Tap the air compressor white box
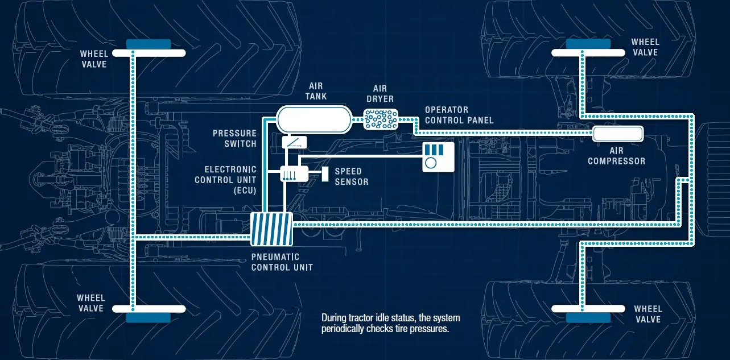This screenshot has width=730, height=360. [618, 134]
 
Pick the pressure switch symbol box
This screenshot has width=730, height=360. [294, 142]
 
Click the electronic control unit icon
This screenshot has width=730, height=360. [294, 173]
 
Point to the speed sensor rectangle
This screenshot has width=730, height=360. [325, 174]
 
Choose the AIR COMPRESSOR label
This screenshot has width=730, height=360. [617, 156]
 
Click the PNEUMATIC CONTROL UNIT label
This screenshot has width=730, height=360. [282, 262]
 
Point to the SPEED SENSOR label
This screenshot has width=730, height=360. [351, 176]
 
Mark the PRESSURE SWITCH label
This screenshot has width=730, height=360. [234, 138]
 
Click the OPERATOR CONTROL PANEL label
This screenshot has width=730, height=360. [459, 115]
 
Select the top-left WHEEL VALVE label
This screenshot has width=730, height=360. [94, 59]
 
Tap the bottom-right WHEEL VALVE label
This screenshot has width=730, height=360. [648, 314]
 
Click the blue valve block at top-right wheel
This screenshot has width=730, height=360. [588, 44]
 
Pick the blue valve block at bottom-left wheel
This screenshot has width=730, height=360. [148, 317]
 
